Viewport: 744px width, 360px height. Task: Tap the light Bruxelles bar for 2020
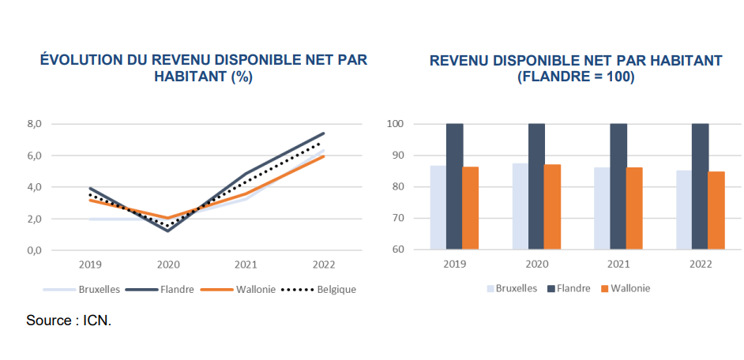pos(520,206)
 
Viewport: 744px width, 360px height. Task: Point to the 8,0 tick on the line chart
pos(34,124)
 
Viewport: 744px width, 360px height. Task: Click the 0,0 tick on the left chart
pos(34,250)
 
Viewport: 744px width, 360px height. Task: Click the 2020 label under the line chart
pos(168,264)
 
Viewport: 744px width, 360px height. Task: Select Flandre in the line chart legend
pos(175,289)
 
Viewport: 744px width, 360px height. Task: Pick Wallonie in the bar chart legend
pos(630,288)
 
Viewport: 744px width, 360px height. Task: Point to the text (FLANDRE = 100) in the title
pos(576,77)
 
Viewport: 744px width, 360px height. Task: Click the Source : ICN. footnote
pos(69,321)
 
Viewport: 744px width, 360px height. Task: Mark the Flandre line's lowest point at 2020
pos(168,231)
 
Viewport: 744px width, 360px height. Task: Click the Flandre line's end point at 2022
pos(324,133)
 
